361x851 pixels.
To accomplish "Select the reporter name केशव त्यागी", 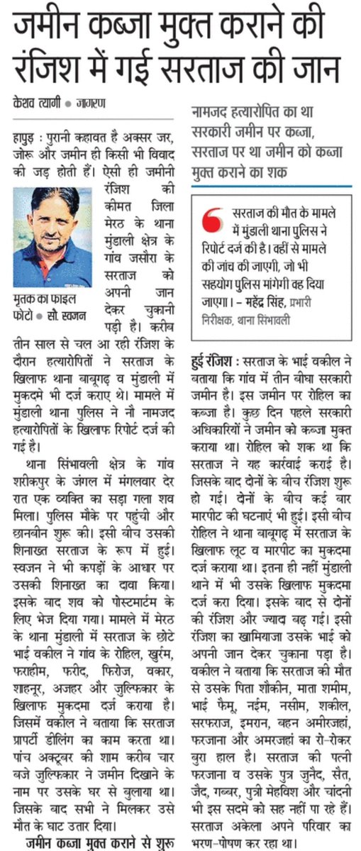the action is click(x=36, y=102).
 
